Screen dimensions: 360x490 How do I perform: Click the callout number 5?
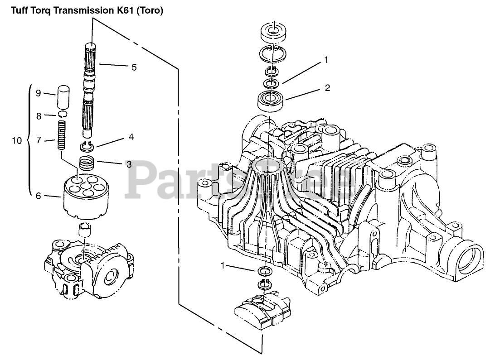[x=134, y=67]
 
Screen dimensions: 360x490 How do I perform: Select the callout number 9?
[x=39, y=93]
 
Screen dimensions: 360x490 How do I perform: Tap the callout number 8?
[x=39, y=116]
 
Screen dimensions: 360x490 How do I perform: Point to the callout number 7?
[x=39, y=140]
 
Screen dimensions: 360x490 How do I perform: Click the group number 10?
[x=16, y=141]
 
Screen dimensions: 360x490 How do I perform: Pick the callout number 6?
[x=39, y=196]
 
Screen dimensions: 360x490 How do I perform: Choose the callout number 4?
[x=131, y=136]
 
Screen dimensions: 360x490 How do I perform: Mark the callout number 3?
[x=129, y=164]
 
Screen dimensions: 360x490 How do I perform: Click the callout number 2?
[x=327, y=88]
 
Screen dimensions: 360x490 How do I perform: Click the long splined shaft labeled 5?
[x=92, y=91]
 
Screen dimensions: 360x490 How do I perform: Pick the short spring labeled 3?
[x=87, y=162]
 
